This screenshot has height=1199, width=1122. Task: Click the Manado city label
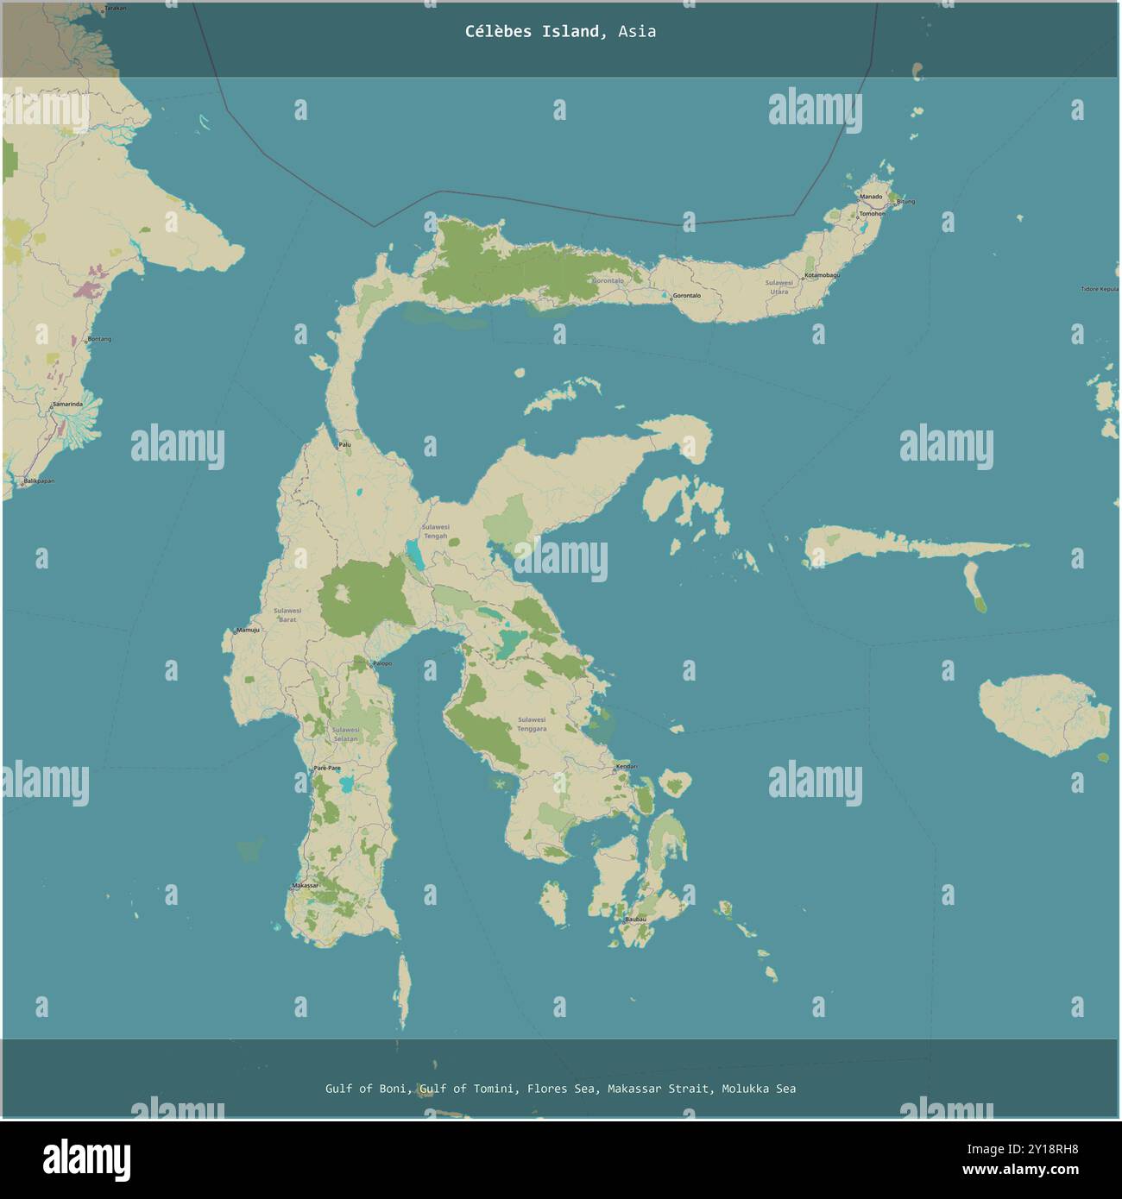tap(871, 197)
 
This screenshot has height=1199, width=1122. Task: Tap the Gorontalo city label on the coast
tap(686, 296)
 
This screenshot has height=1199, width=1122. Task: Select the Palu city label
tap(344, 445)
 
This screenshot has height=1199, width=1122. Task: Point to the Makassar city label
tap(305, 886)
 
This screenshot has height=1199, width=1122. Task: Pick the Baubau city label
tap(635, 920)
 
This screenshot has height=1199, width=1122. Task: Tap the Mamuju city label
tap(248, 631)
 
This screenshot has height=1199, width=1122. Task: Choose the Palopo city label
tap(381, 663)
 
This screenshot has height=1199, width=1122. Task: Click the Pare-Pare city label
tap(326, 768)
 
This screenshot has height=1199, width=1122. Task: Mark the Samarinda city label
tap(67, 404)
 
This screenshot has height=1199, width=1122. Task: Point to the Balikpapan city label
tap(39, 480)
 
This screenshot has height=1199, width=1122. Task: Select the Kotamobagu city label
tap(822, 276)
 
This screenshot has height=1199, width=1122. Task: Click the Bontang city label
tap(99, 339)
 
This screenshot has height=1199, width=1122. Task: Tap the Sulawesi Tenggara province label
tap(532, 724)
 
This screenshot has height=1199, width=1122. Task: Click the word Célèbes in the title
tap(498, 32)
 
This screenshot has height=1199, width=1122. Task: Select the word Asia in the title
tap(637, 32)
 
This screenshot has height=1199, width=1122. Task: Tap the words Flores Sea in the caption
tap(561, 1089)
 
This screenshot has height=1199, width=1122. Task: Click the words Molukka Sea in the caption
tap(759, 1089)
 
